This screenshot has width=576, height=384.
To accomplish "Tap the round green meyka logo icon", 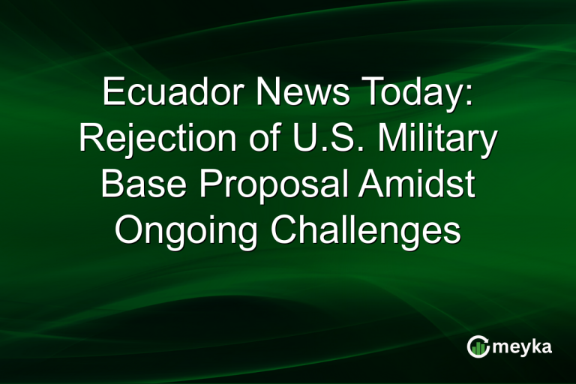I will click(478, 346).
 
